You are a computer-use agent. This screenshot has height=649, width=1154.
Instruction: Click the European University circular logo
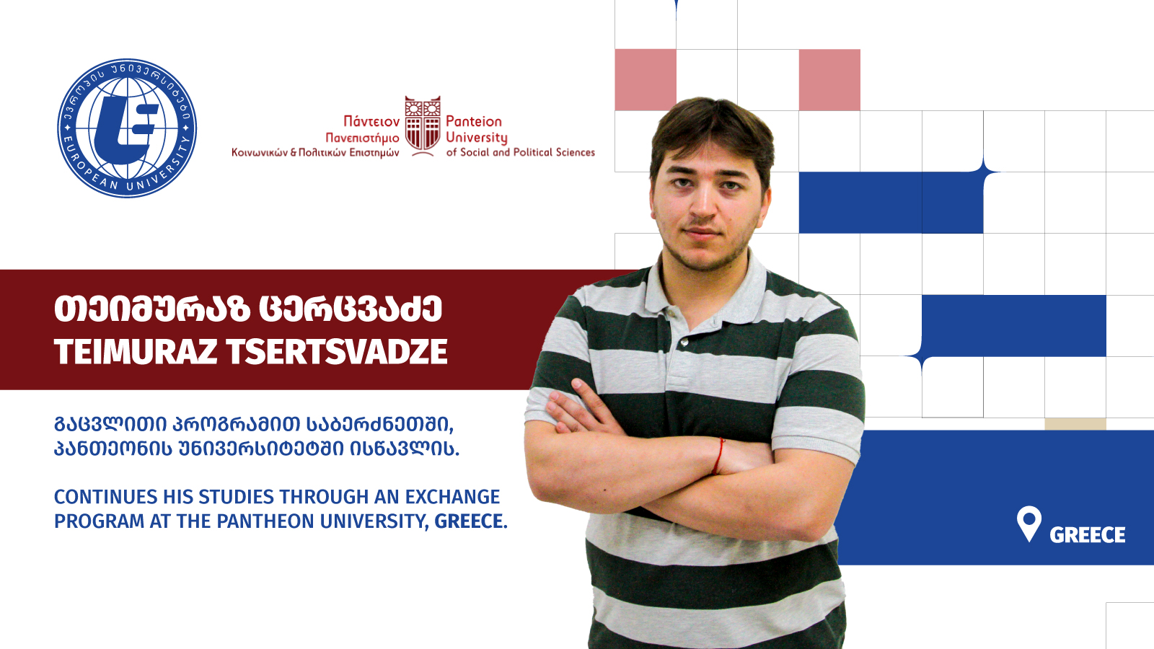click(x=127, y=128)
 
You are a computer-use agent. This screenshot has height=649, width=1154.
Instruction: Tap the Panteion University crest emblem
click(x=423, y=125)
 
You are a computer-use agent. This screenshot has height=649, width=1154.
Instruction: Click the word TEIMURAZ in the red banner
click(x=136, y=352)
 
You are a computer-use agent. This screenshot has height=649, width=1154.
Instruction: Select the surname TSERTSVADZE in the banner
click(x=337, y=352)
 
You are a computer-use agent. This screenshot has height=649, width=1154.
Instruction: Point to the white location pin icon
click(x=1029, y=523)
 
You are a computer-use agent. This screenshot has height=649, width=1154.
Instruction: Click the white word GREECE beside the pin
click(x=1088, y=535)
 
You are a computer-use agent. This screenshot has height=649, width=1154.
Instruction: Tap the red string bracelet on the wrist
click(x=718, y=456)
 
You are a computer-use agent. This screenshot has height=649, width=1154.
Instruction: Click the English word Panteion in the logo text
click(x=473, y=122)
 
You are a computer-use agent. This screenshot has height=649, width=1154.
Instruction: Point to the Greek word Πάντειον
click(x=371, y=122)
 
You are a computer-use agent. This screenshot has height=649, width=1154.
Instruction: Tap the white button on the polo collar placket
click(x=684, y=342)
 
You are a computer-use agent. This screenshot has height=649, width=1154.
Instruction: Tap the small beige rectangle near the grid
click(x=1075, y=424)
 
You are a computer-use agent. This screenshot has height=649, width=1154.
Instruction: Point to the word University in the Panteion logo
click(x=477, y=138)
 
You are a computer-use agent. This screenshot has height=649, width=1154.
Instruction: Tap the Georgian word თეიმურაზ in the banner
click(x=152, y=309)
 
